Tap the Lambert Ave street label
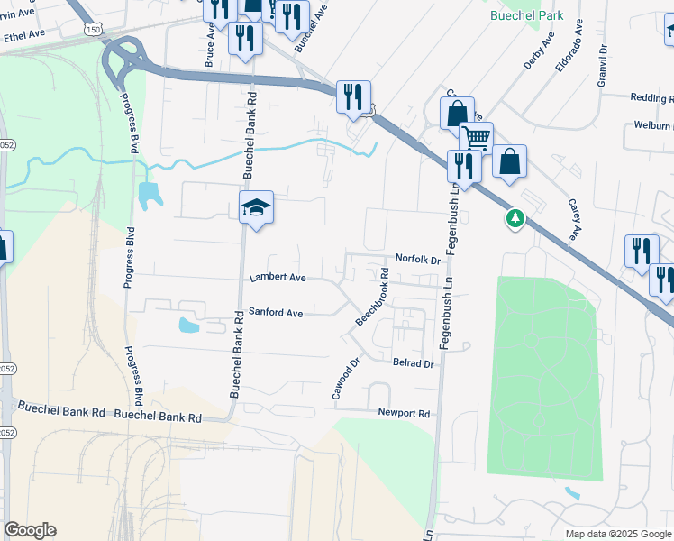tap(278, 278)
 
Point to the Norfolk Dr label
tap(416, 260)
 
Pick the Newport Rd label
tap(405, 413)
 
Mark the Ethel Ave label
tap(24, 34)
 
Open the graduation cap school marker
tap(256, 207)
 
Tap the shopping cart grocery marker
tap(476, 138)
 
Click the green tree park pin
tap(515, 218)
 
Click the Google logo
tap(30, 530)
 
